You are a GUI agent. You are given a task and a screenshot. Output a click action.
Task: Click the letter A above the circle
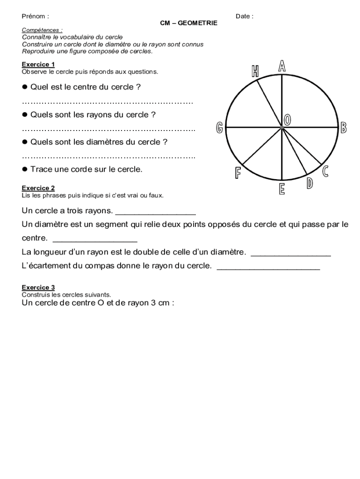(282, 66)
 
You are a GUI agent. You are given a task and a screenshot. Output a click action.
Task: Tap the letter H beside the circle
(255, 71)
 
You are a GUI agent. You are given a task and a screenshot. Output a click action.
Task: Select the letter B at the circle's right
(344, 127)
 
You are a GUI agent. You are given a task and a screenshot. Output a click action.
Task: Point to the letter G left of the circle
(219, 128)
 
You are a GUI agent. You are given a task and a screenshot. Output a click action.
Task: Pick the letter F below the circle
(238, 173)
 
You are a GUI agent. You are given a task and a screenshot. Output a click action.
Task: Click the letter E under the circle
(282, 189)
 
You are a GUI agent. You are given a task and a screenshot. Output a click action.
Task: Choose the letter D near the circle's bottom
(310, 184)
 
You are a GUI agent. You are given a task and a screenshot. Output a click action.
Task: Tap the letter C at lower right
(325, 172)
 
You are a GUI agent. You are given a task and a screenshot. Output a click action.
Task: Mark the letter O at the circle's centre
(288, 120)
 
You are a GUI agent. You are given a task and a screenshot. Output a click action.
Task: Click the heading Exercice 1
(38, 64)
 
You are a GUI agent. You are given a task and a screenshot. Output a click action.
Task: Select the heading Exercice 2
(38, 188)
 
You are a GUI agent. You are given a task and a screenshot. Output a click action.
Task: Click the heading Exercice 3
(38, 287)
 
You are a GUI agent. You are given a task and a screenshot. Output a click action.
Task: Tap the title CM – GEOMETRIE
(188, 22)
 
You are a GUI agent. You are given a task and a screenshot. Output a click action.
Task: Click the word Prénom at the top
(34, 16)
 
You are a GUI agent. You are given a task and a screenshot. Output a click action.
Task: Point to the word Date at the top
(243, 16)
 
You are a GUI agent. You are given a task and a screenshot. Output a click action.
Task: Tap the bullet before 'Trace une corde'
(25, 169)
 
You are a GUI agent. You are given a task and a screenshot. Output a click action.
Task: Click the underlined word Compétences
(41, 30)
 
